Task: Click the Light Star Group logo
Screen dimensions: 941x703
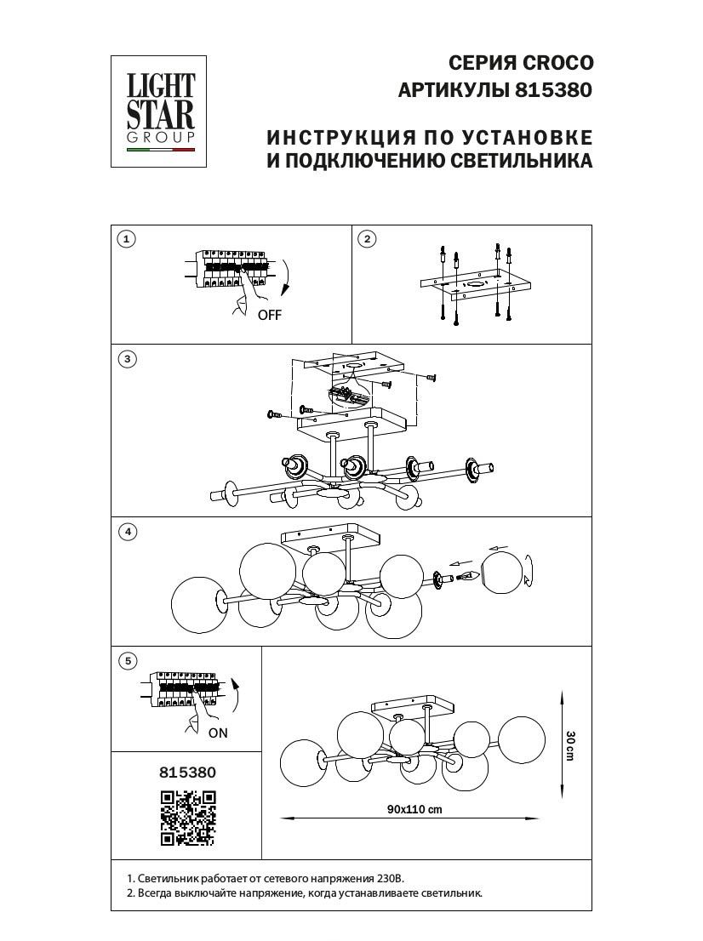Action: point(160,111)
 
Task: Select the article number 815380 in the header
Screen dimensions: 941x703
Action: point(553,89)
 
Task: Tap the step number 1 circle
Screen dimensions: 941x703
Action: point(126,239)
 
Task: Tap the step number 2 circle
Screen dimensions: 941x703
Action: point(367,239)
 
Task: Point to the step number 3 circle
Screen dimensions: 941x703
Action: point(126,359)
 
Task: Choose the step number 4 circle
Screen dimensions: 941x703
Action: point(126,532)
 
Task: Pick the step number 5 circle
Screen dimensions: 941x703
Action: point(126,661)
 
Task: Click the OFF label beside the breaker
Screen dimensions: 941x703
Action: point(269,315)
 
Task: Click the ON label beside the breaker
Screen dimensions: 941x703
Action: point(218,733)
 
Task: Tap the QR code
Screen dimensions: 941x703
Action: point(188,818)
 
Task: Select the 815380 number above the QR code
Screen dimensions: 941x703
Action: point(188,773)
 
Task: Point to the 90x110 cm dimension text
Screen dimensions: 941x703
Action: point(414,810)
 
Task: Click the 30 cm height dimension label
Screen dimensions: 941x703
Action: point(570,745)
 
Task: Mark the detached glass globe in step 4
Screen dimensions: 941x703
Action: point(504,574)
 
